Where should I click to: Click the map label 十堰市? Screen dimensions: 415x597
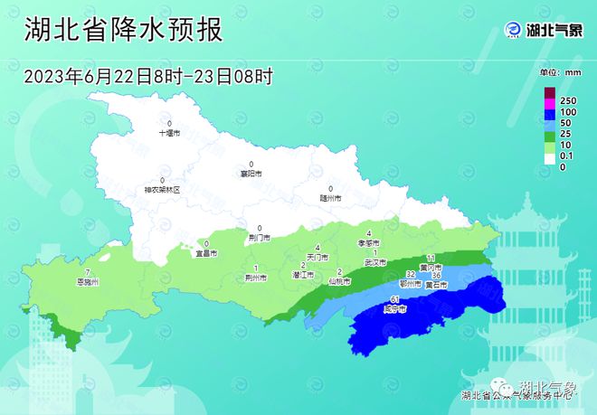click(x=170, y=132)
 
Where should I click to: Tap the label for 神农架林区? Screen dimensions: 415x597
click(x=163, y=190)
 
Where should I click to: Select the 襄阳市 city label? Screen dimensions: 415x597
click(x=251, y=173)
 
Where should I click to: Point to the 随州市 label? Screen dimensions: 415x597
click(x=330, y=196)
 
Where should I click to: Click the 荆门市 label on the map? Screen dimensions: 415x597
click(x=260, y=238)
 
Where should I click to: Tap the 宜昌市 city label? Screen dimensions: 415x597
click(x=206, y=253)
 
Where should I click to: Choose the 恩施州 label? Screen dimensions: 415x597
click(x=87, y=282)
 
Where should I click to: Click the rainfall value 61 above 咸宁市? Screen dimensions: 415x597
click(x=394, y=299)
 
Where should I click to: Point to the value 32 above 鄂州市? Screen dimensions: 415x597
click(x=411, y=274)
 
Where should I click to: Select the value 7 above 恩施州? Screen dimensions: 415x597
click(x=87, y=273)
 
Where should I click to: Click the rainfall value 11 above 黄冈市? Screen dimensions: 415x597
click(x=431, y=259)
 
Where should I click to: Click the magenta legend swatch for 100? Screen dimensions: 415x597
click(x=549, y=109)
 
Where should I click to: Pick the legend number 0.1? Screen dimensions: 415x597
click(x=568, y=156)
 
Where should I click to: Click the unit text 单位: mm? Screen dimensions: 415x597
click(x=560, y=71)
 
